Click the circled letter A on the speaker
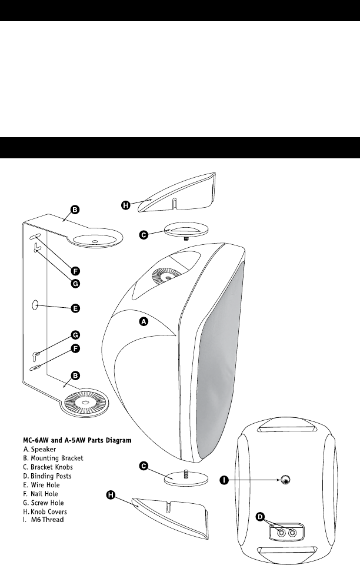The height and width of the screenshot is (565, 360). [x=142, y=321]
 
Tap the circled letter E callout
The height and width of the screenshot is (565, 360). [x=75, y=307]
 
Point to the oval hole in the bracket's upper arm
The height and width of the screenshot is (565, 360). [x=95, y=240]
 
